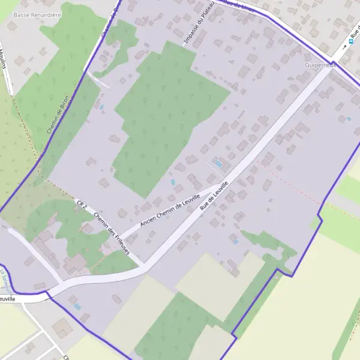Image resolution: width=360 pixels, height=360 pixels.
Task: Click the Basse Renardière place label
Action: pyautogui.click(x=37, y=14)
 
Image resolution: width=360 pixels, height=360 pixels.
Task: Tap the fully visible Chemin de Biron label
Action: pyautogui.click(x=59, y=113)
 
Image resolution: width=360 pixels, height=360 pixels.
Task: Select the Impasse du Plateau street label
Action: pyautogui.click(x=199, y=26)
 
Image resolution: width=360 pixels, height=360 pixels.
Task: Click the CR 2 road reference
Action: pyautogui.click(x=83, y=205)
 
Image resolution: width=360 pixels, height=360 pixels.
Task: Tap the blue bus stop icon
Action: pyautogui.click(x=352, y=43)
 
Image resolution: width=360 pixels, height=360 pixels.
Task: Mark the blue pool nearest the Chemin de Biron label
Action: pyautogui.click(x=102, y=107)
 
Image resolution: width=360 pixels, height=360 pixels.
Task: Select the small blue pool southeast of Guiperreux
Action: pyautogui.click(x=349, y=118)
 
